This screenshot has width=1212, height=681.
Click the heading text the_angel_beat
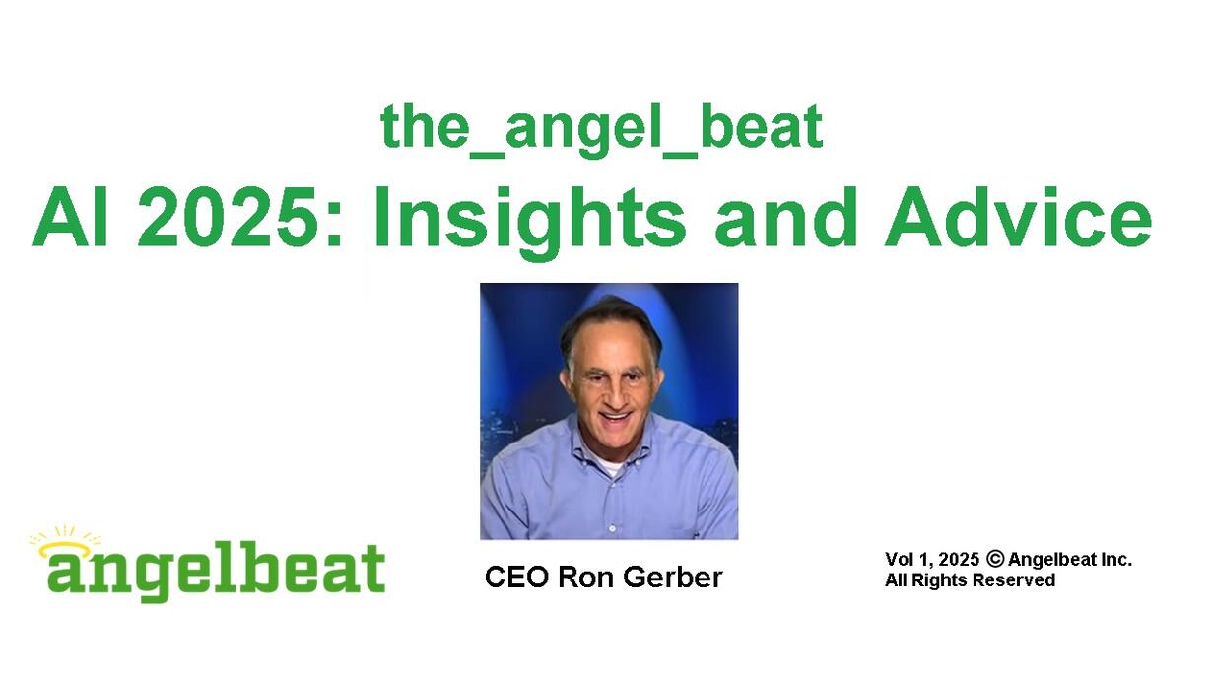[602, 130]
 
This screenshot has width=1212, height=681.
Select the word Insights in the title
[530, 222]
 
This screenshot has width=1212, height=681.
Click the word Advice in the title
[1018, 217]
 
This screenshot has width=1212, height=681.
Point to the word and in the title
[785, 217]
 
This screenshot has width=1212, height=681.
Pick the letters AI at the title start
[70, 217]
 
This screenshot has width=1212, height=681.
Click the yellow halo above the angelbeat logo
[65, 548]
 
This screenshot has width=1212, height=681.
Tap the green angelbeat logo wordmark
[217, 571]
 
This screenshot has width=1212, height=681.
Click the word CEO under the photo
[516, 578]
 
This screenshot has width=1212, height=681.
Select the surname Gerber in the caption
[673, 578]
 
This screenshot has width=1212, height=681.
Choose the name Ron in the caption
[585, 578]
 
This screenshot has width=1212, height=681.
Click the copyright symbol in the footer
[995, 559]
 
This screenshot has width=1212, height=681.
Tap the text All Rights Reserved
[971, 580]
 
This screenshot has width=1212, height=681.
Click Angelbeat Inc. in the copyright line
[1070, 559]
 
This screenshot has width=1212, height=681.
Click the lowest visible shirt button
[612, 528]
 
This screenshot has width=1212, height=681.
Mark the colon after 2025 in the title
[335, 227]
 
